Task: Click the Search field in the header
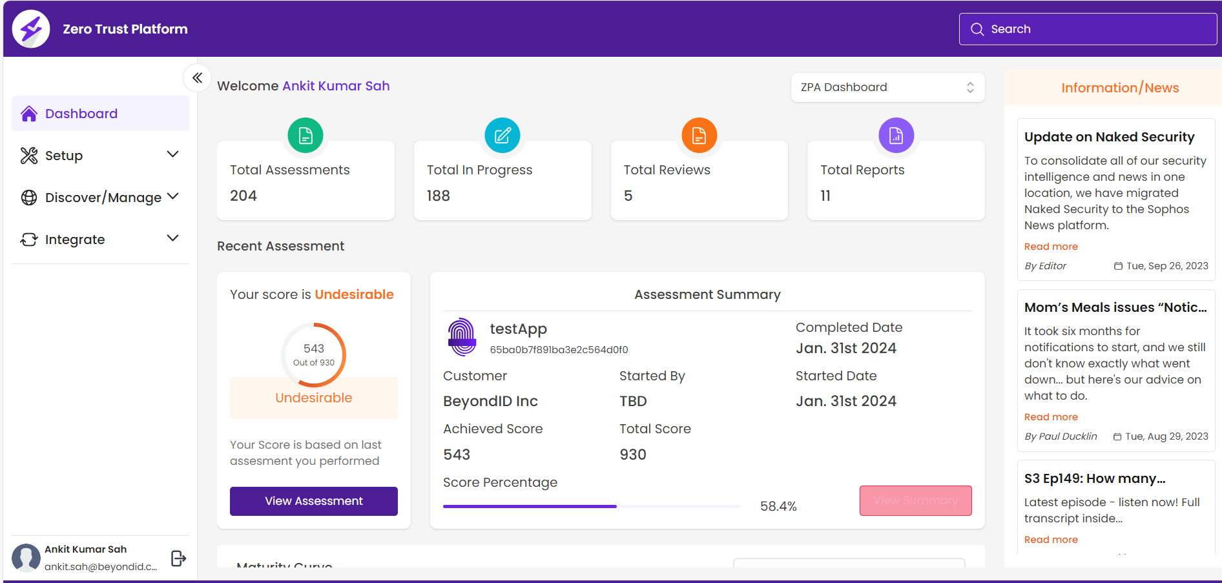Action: click(1088, 29)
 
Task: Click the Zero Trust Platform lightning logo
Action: click(31, 29)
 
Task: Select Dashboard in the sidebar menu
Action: click(81, 114)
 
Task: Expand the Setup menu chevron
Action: click(172, 154)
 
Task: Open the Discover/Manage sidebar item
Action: click(103, 198)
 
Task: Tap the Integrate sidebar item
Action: click(75, 240)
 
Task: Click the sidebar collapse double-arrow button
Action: click(198, 78)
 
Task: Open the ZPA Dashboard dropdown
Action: click(887, 87)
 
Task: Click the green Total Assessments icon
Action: click(305, 136)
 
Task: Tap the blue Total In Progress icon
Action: click(502, 136)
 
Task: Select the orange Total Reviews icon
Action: click(699, 136)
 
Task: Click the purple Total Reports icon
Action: click(896, 136)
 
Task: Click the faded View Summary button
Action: click(915, 500)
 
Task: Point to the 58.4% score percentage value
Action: click(778, 506)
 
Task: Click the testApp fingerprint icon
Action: click(462, 336)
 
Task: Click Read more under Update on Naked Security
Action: click(1051, 247)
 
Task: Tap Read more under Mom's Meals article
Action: click(1051, 417)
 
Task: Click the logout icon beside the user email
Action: click(178, 558)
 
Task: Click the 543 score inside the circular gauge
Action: click(314, 348)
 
